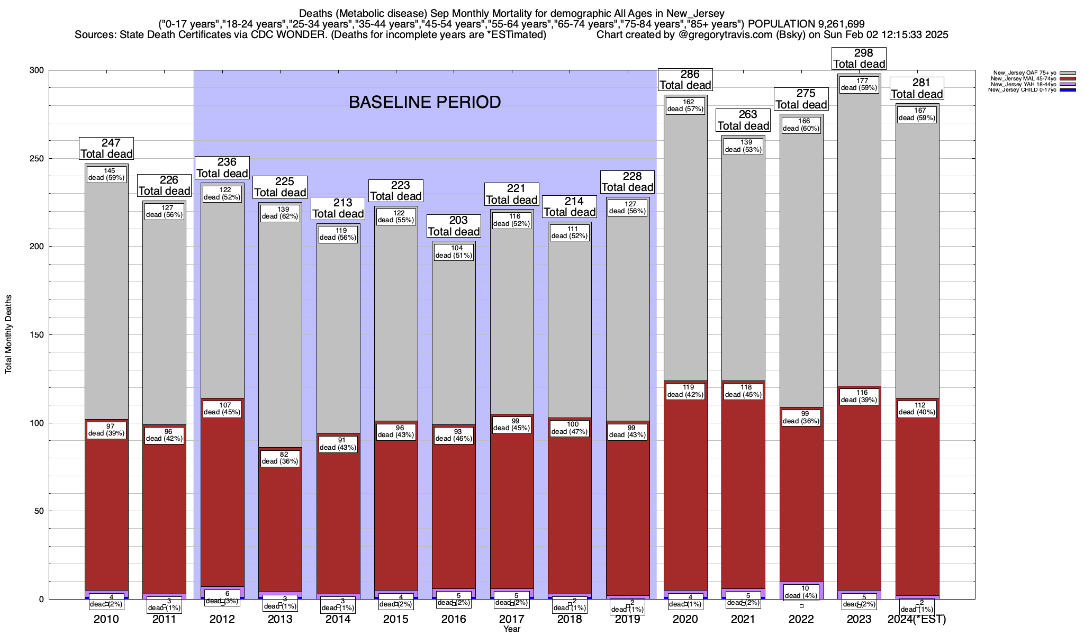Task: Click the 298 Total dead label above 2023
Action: click(x=859, y=59)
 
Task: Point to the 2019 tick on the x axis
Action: click(x=628, y=619)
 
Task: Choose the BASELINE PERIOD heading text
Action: click(x=424, y=102)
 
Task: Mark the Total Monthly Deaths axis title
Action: click(x=8, y=334)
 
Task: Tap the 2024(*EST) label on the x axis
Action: click(x=917, y=619)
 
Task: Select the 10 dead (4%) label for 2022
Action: click(x=801, y=592)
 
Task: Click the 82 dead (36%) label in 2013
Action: click(x=280, y=457)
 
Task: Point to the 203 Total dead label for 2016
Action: click(x=454, y=226)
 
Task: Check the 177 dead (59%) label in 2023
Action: click(x=859, y=84)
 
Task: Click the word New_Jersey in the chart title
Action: click(x=694, y=13)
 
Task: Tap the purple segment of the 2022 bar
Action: click(x=801, y=585)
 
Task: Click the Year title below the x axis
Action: click(x=512, y=629)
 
